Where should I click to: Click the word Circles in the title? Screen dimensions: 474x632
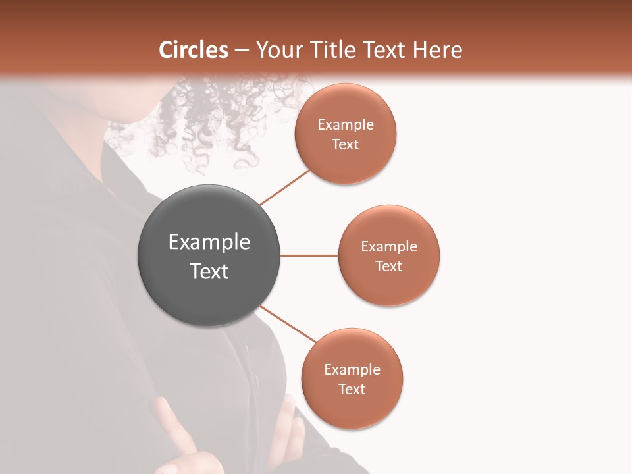point(194,50)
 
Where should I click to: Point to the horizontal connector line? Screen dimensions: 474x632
point(309,255)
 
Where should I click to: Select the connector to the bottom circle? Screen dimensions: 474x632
point(288,324)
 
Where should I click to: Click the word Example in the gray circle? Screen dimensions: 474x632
point(209,242)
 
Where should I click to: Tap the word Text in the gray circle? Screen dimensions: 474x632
point(209,271)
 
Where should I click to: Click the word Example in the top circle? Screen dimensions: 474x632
point(346,125)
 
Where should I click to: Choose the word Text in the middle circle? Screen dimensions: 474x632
point(389,266)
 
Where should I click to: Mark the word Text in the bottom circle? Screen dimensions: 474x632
point(352,389)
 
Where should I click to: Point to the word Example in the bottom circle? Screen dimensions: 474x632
point(352,370)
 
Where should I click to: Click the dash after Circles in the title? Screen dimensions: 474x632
point(242,51)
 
